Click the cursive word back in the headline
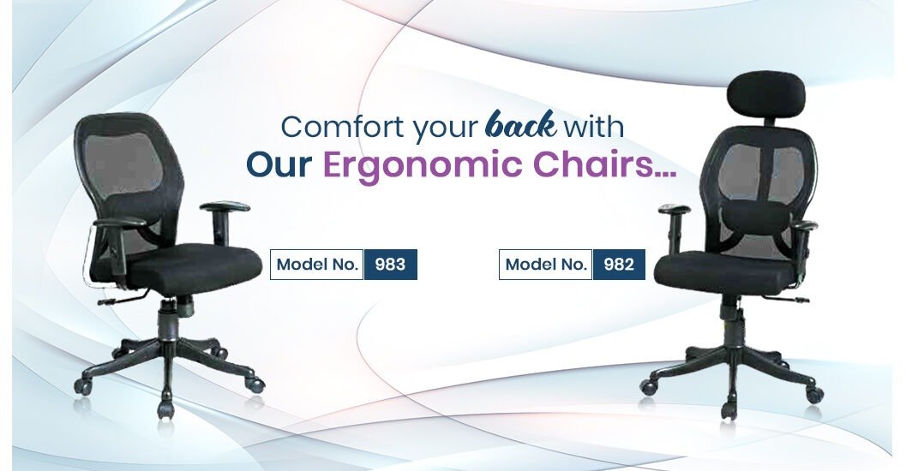(x=522, y=125)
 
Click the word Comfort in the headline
(x=342, y=127)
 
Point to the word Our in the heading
(x=279, y=164)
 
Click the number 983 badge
(x=390, y=265)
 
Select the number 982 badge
(x=619, y=265)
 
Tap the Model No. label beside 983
(x=316, y=265)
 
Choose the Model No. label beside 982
(x=545, y=265)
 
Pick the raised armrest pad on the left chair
(x=225, y=206)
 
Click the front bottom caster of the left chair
(x=165, y=409)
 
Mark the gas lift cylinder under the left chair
(x=167, y=319)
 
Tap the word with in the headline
(x=594, y=127)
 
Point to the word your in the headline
(x=445, y=130)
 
